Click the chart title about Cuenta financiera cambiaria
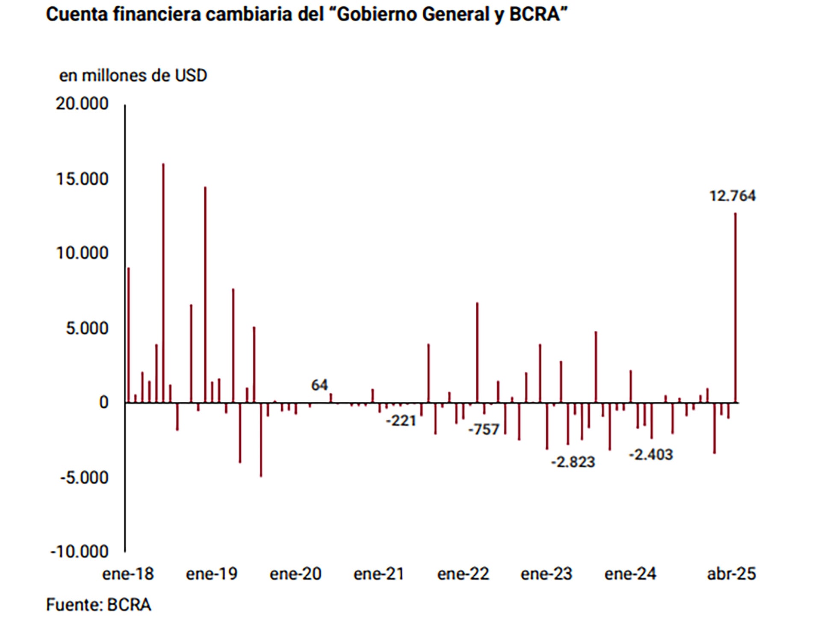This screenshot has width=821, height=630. point(307,15)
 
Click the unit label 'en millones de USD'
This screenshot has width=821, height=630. point(133,76)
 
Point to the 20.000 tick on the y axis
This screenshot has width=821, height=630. point(82,104)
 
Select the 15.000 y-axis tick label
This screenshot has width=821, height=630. point(82,179)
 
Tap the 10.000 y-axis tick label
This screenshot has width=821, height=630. point(82,253)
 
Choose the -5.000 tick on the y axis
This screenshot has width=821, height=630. point(84,477)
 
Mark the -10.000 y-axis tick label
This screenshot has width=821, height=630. point(80,552)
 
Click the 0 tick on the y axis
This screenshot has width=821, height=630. point(103,403)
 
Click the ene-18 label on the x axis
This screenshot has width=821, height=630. point(128,574)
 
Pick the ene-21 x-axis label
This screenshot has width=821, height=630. point(379,574)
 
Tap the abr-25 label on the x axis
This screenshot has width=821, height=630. point(731,574)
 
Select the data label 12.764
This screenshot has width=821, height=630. point(732,196)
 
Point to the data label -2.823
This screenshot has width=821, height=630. point(573,462)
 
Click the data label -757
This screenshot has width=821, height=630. point(484,429)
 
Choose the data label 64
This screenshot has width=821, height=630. point(319,385)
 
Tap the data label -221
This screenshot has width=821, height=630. point(401,421)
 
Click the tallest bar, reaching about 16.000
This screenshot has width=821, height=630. point(163,282)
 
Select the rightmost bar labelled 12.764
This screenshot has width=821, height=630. point(735,308)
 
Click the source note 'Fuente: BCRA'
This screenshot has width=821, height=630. point(98,605)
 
